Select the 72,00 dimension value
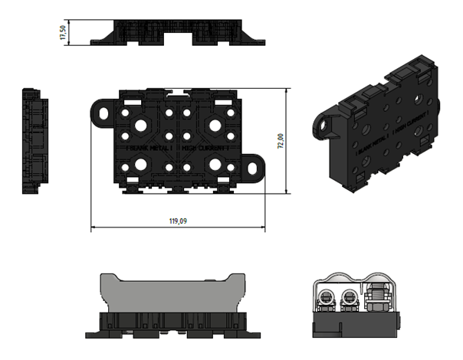(280, 140)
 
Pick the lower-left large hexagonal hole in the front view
(142, 163)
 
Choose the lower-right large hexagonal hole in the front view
(212, 163)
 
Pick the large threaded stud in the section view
(377, 295)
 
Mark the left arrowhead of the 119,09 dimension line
(93, 227)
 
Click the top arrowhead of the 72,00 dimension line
(288, 90)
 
